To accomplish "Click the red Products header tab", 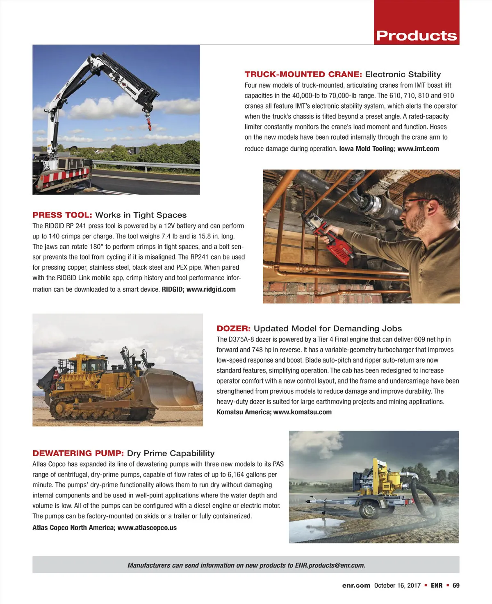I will [416, 36].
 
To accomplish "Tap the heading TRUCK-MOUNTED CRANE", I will [303, 74].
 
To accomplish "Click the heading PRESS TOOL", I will [62, 215].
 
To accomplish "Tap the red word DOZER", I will [233, 329].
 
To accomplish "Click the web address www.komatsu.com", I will [302, 412].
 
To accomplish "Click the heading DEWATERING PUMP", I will [78, 453].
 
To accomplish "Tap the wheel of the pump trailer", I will [367, 511].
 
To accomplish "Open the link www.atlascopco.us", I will [147, 528].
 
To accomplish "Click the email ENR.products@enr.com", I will [330, 565].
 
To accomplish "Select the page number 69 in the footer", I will [456, 586].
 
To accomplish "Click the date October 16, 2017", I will [397, 586].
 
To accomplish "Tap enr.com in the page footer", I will [356, 586].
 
